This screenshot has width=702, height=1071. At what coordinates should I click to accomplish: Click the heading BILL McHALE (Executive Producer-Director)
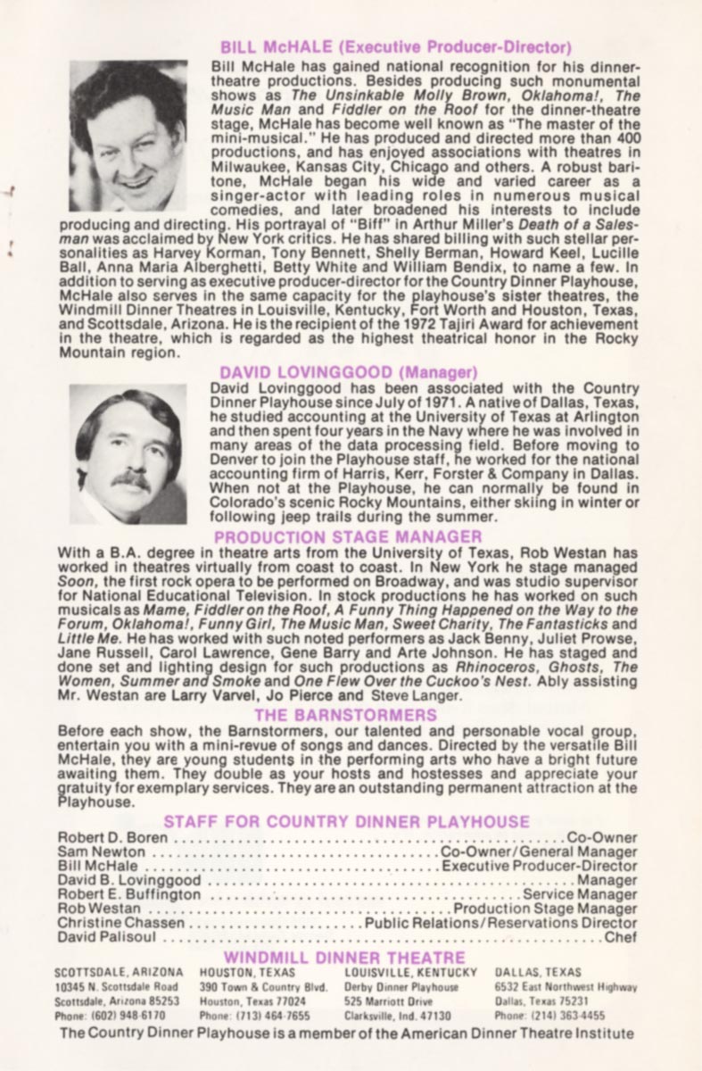pyautogui.click(x=395, y=47)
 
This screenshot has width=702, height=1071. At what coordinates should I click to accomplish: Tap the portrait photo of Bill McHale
pyautogui.click(x=128, y=136)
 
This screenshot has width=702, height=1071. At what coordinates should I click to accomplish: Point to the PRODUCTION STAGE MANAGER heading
pyautogui.click(x=348, y=536)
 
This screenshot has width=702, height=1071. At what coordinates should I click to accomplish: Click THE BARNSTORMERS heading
pyautogui.click(x=345, y=715)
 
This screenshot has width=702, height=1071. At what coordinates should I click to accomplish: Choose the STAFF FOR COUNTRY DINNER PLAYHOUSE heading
pyautogui.click(x=346, y=821)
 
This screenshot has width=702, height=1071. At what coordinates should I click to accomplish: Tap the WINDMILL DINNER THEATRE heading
pyautogui.click(x=345, y=958)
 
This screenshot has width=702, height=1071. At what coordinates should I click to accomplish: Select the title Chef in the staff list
pyautogui.click(x=621, y=937)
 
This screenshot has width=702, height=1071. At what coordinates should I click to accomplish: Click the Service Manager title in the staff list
pyautogui.click(x=580, y=894)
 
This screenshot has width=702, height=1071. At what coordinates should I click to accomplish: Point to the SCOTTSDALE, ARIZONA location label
pyautogui.click(x=119, y=972)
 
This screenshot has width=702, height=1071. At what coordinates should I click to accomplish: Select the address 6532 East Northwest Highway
pyautogui.click(x=566, y=987)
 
